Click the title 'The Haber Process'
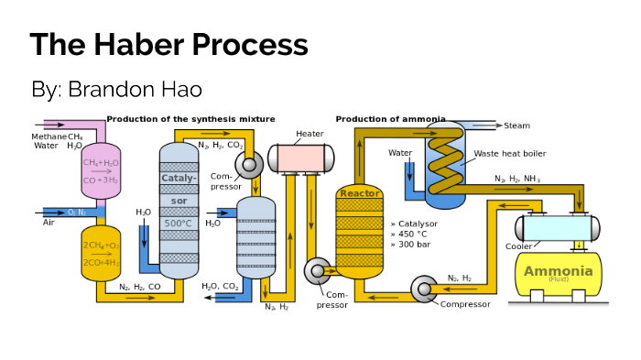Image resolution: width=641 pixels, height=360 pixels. tap(168, 46)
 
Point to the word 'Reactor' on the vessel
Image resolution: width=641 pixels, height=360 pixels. tap(360, 193)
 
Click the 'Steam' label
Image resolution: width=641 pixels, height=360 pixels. tap(517, 125)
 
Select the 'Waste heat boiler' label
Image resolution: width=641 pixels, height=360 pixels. tap(508, 154)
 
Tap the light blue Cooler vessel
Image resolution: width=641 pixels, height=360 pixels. tap(559, 226)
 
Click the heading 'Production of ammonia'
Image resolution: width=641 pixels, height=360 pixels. tap(390, 119)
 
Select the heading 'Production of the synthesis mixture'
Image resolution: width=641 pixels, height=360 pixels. tap(190, 119)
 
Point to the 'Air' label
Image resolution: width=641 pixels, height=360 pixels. tap(49, 222)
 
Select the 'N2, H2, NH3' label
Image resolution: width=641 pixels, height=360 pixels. tap(517, 178)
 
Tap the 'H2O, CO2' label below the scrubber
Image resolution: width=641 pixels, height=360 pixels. tap(221, 286)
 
